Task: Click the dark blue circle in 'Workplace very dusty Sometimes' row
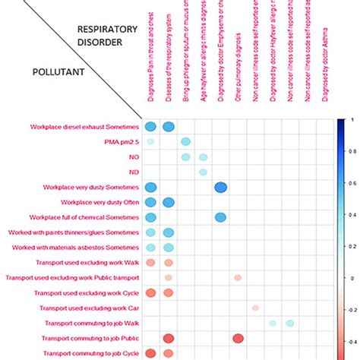click(220, 187)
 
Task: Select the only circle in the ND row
click(203, 172)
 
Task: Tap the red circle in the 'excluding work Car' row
click(255, 308)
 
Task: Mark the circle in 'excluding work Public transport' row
click(238, 277)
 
